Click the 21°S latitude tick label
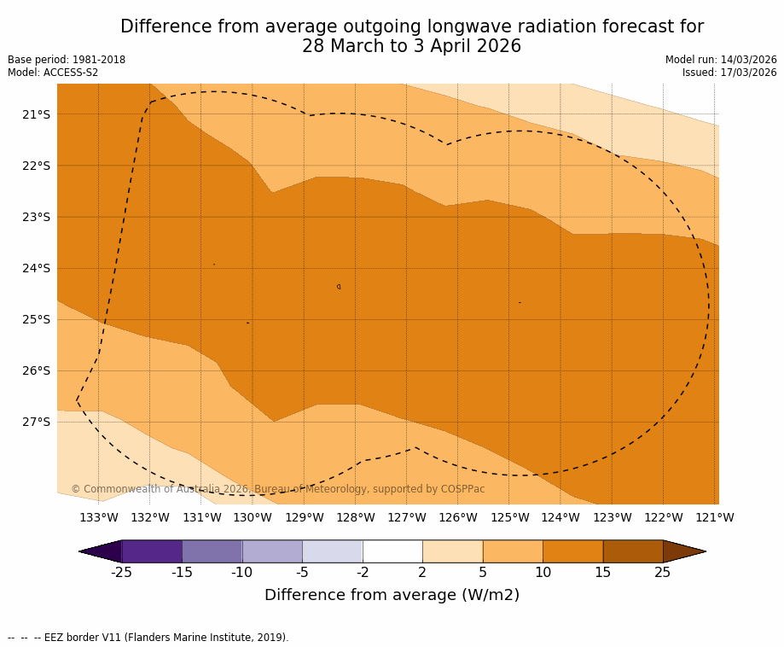[36, 114]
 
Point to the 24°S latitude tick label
[36, 268]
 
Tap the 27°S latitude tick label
[36, 422]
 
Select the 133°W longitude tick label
[99, 517]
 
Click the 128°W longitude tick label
[356, 517]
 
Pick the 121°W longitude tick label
[715, 517]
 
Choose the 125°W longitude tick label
[509, 517]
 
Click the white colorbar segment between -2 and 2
[392, 551]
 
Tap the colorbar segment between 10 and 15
[572, 551]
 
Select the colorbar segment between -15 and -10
[212, 551]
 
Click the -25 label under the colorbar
[121, 573]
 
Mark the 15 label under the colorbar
[602, 573]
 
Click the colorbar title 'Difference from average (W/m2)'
[392, 595]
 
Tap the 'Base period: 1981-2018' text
[67, 60]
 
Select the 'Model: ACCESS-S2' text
[53, 73]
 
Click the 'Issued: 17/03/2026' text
[729, 73]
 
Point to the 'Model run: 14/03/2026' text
[721, 60]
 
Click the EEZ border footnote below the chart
[148, 638]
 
